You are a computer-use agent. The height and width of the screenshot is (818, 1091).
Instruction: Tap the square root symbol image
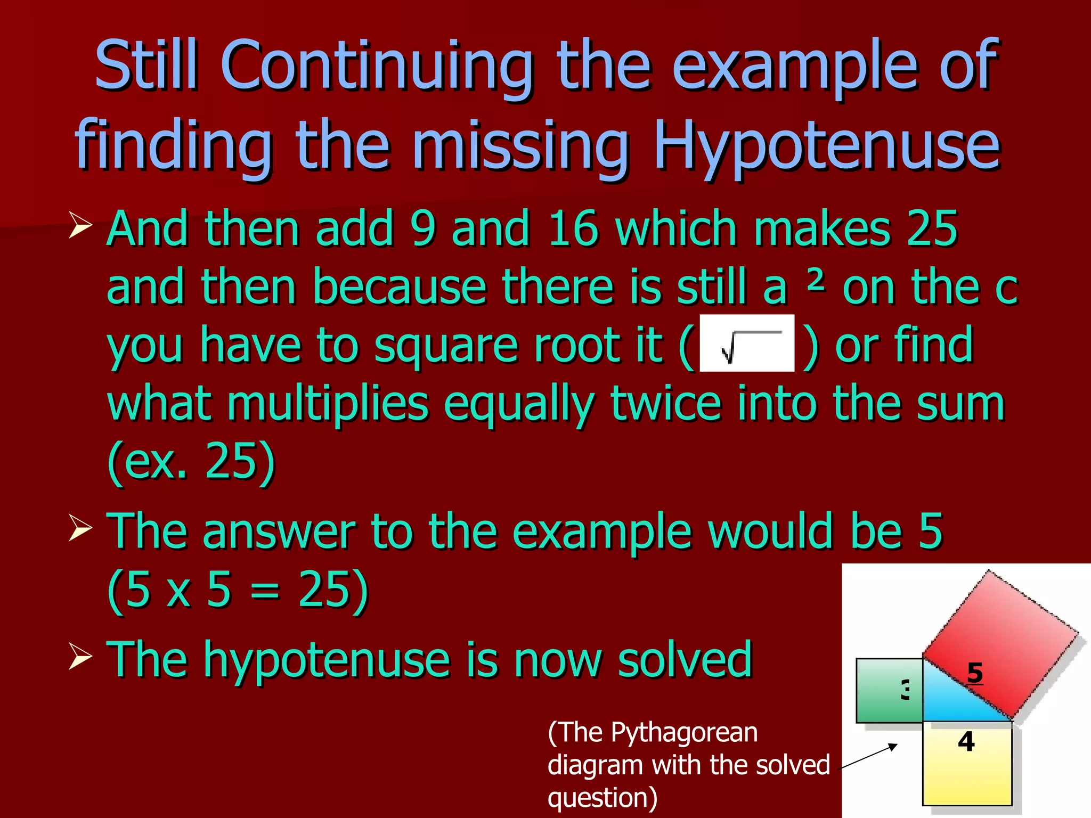point(746,343)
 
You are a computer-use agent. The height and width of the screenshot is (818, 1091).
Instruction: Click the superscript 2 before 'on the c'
point(816,280)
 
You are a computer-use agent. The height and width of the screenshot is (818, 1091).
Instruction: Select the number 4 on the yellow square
point(966,741)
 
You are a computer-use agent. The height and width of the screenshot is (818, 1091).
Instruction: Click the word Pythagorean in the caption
point(684,732)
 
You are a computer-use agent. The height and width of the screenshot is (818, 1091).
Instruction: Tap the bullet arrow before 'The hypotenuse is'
point(80,658)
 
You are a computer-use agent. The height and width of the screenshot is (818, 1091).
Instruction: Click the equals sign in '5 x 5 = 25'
point(265,590)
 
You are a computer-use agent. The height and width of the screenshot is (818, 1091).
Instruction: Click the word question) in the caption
point(603,798)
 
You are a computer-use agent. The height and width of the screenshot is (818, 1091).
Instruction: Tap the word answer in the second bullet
point(279,531)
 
